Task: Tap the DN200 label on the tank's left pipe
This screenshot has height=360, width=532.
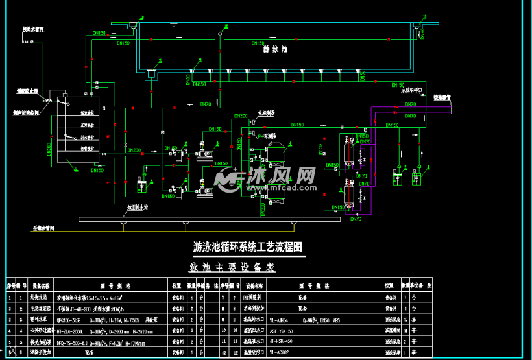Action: [x=50, y=147]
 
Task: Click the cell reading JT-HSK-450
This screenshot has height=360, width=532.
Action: [x=280, y=342]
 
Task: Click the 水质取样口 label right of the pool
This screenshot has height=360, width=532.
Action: [x=411, y=91]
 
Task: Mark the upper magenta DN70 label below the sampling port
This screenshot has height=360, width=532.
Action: [x=411, y=104]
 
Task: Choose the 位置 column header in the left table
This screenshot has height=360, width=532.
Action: [x=176, y=285]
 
